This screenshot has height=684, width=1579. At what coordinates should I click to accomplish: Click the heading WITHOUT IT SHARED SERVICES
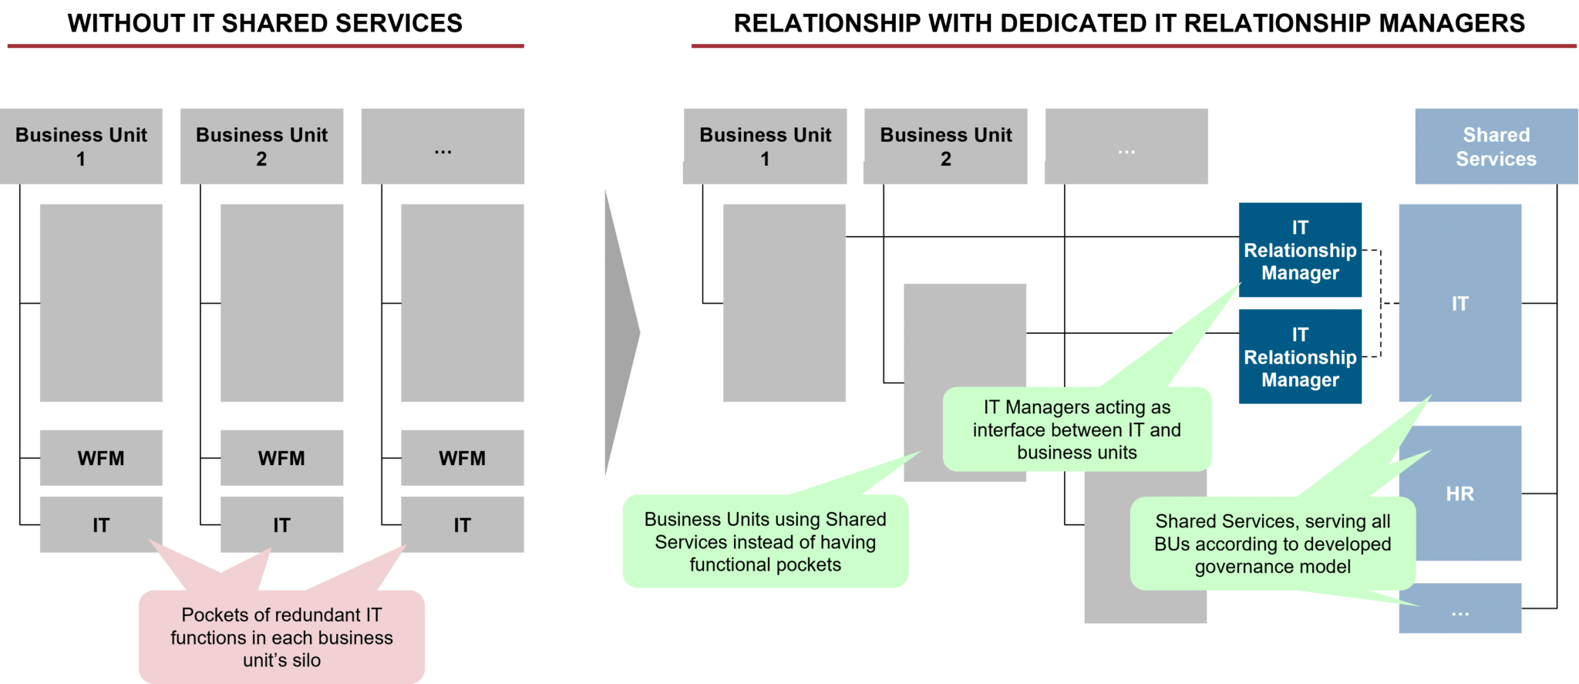pos(264,24)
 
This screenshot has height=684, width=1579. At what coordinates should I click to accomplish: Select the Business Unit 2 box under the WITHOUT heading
pos(261,147)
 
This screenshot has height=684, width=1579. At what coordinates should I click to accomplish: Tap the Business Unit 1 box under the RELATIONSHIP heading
pos(765,147)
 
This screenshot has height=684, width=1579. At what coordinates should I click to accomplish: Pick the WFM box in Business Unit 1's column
pos(101,458)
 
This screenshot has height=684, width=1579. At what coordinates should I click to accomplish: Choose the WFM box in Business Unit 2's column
pos(281,458)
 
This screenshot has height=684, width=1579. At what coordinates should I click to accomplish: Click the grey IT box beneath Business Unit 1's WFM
pos(101,525)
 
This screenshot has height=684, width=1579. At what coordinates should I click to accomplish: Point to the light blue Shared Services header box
pos(1496,147)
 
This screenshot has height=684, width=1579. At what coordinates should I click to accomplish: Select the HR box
pos(1459,494)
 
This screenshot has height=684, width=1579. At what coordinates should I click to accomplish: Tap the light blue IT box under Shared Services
pos(1459,303)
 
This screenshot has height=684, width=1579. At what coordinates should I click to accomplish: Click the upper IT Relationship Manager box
pos(1300,250)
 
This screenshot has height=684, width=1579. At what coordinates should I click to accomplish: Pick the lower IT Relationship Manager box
pos(1300,357)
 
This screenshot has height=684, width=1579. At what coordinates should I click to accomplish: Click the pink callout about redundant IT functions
pos(281,637)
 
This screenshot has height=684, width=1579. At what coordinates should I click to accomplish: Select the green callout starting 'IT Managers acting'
pos(1077,430)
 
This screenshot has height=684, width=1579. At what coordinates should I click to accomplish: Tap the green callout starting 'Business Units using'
pos(765,541)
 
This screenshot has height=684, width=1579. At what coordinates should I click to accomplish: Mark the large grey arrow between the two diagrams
pos(621,333)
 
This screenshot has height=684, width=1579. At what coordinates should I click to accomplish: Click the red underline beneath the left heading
pos(265,46)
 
